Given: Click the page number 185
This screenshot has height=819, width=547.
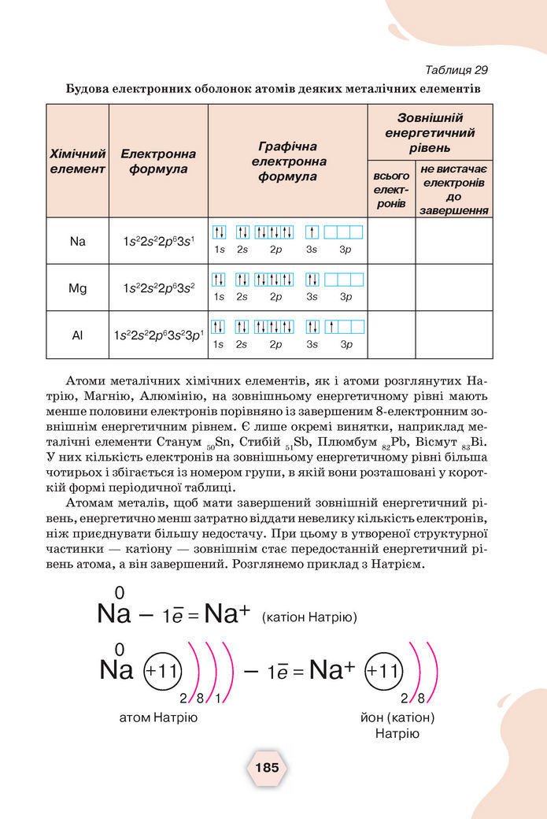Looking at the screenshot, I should (x=267, y=768).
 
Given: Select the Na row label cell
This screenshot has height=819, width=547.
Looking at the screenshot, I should (x=77, y=241).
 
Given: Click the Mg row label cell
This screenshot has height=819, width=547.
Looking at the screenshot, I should (x=77, y=288).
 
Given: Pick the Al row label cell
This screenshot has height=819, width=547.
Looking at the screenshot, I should (x=77, y=335).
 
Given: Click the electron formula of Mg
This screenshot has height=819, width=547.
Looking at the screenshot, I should (x=158, y=288).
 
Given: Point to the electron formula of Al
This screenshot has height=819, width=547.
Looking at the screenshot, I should (x=158, y=335).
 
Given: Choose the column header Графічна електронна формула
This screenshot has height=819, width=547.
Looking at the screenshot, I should (x=287, y=161).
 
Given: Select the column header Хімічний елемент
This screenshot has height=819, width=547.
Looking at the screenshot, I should (x=77, y=161).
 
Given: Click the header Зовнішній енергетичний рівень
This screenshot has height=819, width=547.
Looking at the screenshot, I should (x=430, y=132).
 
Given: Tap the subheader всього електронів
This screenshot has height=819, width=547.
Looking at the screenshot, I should (x=390, y=190).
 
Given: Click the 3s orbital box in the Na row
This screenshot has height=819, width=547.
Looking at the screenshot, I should (x=312, y=232).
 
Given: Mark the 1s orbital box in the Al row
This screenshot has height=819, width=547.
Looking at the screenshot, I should (x=219, y=327).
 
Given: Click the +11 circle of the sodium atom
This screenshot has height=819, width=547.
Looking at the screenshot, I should (x=163, y=672).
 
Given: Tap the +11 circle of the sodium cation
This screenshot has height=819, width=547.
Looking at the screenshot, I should (x=384, y=672).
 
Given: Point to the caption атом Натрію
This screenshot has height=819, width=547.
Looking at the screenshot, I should (x=158, y=718).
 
